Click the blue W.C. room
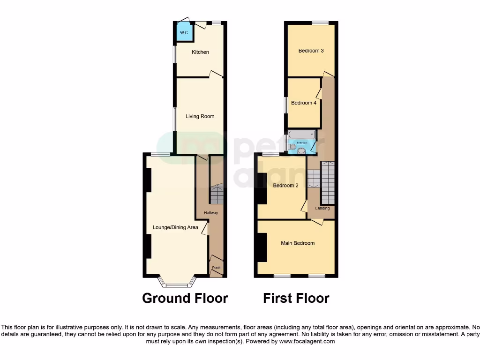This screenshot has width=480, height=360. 184,32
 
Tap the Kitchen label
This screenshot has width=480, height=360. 200,52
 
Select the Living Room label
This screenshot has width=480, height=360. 200,116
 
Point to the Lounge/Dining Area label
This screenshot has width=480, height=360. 175,227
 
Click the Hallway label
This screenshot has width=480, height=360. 211,213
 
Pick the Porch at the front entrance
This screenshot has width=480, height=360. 216,267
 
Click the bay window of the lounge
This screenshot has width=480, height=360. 176,282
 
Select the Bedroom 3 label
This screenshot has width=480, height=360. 311,51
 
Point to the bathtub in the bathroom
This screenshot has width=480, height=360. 302,135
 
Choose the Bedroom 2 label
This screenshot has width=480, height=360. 286,185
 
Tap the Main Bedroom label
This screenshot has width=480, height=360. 298,243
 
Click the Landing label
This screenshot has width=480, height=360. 322,208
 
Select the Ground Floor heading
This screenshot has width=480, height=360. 185,298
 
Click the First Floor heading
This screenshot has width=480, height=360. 296,298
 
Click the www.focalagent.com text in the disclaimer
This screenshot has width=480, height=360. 307,342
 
